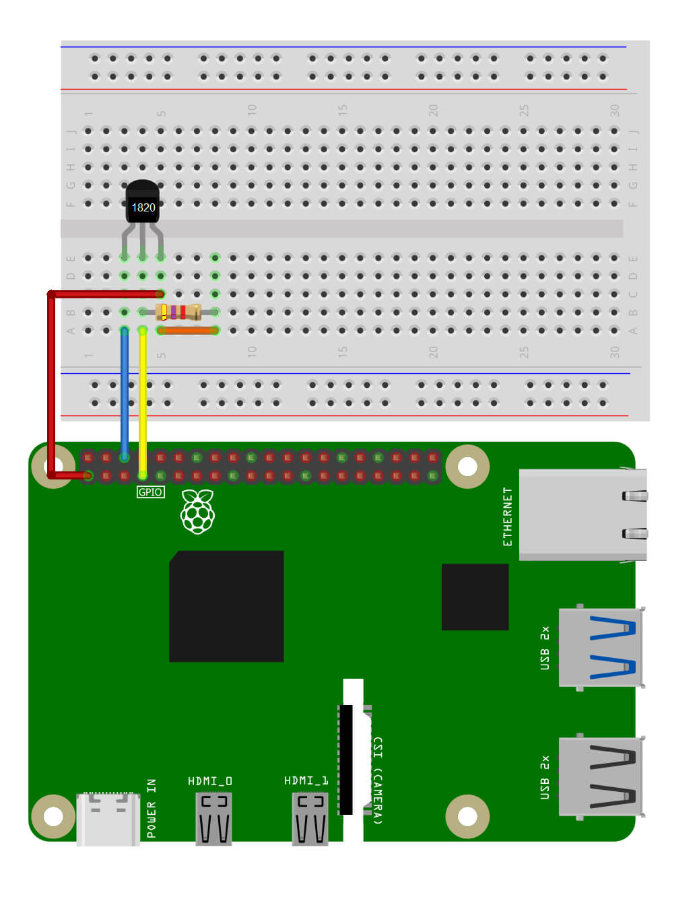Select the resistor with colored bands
(178, 312)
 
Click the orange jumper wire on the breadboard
(188, 331)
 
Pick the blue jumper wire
(125, 391)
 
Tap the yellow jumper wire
(143, 404)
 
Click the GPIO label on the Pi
(150, 492)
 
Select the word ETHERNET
(508, 516)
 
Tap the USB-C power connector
(108, 818)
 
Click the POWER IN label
(152, 808)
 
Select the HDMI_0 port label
(210, 781)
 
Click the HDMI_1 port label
(306, 780)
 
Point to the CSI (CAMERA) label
(378, 780)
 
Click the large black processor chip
(226, 606)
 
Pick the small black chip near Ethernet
(475, 597)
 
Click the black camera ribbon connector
(346, 760)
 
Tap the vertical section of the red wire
(51, 384)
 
